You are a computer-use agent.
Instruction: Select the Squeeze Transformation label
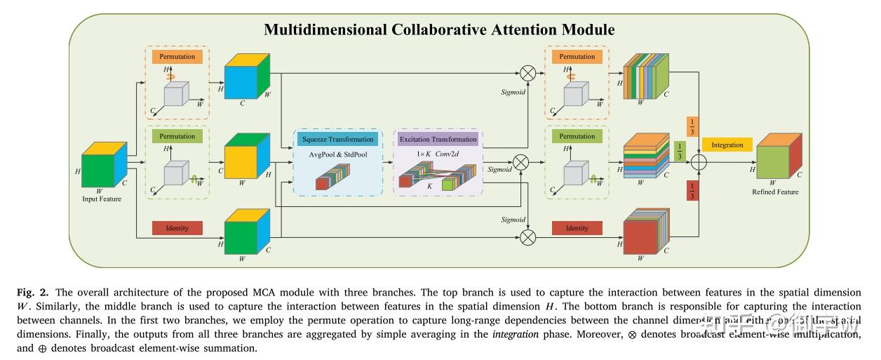[x=338, y=139]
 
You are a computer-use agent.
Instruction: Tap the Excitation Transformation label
[x=438, y=139]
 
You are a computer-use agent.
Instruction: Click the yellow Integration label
[x=727, y=145]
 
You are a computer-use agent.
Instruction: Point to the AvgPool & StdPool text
[x=338, y=154]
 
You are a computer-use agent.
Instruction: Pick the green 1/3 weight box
[x=678, y=150]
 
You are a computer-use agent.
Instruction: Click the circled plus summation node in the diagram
[x=699, y=163]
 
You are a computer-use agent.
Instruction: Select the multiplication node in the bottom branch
[x=527, y=236]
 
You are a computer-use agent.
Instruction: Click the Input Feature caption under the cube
[x=102, y=199]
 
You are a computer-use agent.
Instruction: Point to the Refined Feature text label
[x=775, y=192]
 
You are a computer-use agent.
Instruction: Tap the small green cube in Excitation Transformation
[x=449, y=185]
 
